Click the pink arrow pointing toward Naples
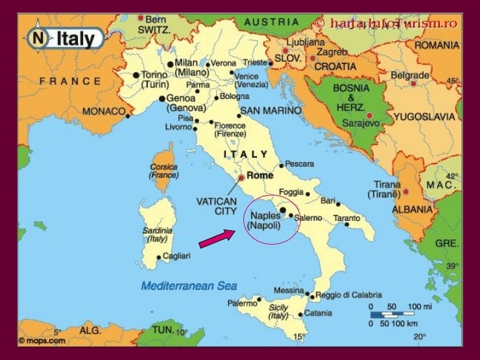216,239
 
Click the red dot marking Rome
242,177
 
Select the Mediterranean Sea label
189,285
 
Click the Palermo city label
242,303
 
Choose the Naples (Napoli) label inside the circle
264,220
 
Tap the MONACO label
104,111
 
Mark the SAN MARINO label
266,110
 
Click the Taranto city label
346,218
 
